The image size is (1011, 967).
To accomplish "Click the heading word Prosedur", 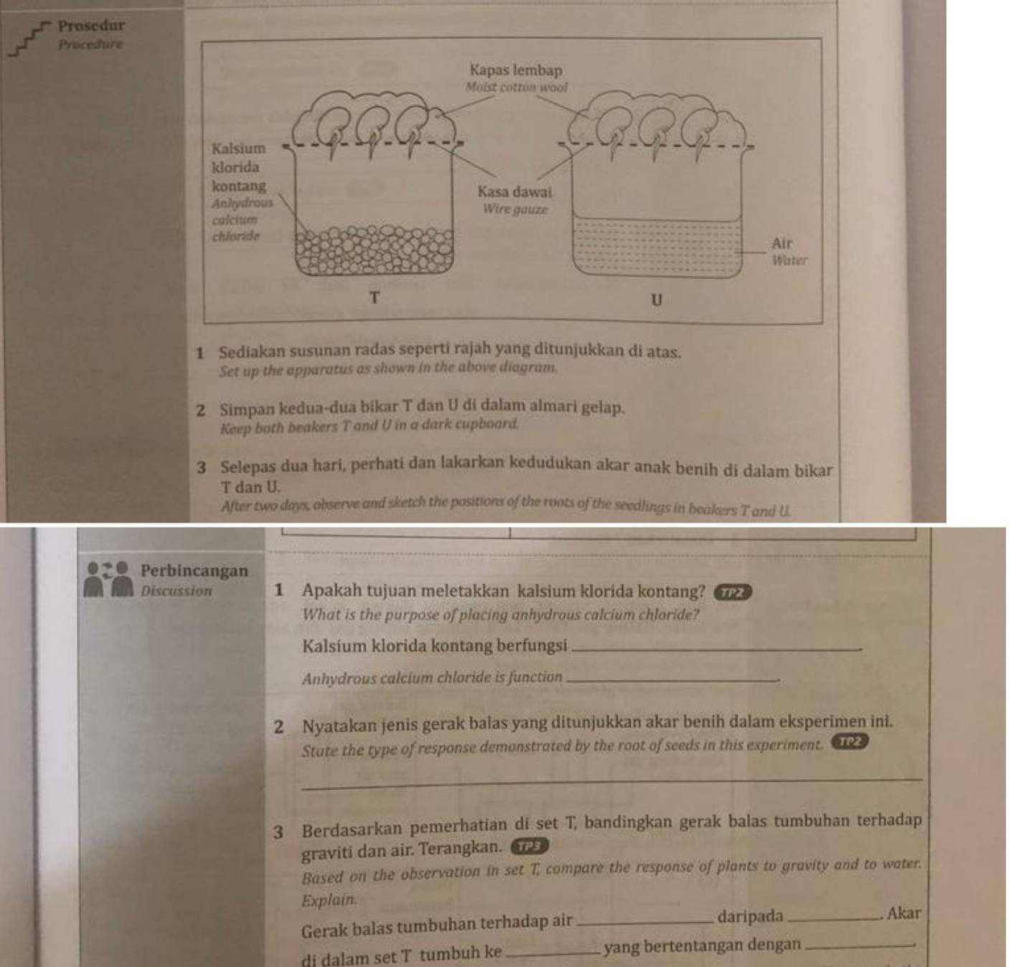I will click(91, 26).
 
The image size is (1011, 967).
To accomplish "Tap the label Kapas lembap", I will click(515, 70).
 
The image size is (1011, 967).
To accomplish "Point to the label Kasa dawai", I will click(514, 192).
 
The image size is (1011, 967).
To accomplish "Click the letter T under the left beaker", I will click(374, 297).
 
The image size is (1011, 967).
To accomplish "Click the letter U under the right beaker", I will click(656, 300).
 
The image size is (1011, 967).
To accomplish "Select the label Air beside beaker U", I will click(782, 243).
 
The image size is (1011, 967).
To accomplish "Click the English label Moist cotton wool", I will click(516, 88).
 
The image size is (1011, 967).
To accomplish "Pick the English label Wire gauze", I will click(514, 210).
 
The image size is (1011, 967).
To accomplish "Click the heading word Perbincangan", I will click(194, 571).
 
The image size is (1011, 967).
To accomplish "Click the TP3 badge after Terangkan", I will click(529, 846).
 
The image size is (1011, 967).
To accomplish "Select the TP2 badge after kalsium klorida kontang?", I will click(733, 592).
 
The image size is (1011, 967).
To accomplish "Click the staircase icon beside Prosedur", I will click(28, 39).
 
